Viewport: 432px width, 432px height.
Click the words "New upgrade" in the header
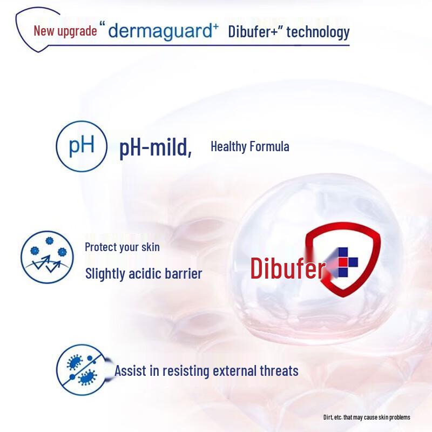(x=65, y=31)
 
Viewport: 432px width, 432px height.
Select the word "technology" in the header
(x=318, y=32)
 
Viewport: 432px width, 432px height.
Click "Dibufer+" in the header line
(x=253, y=31)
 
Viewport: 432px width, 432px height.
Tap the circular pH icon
(x=82, y=146)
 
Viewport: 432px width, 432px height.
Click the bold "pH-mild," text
(x=156, y=147)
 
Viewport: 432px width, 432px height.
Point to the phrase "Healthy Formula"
(x=249, y=146)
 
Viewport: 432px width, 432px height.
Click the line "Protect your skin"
(x=122, y=247)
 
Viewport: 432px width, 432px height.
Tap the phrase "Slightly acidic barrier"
(x=144, y=273)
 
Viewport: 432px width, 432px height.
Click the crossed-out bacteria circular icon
(x=80, y=370)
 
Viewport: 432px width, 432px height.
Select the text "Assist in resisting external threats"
(x=206, y=371)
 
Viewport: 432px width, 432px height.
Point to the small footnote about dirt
(x=367, y=417)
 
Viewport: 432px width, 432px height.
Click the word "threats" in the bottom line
(x=277, y=371)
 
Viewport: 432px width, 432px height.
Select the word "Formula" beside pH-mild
(x=270, y=146)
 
